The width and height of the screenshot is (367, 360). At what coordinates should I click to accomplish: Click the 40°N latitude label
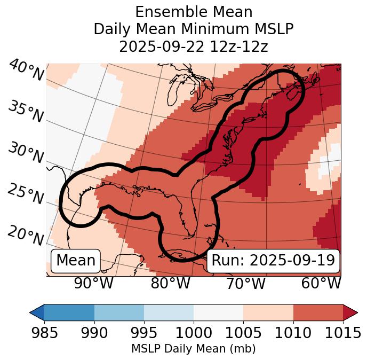click(x=26, y=71)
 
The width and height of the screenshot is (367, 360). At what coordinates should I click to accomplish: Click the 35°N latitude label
click(x=25, y=112)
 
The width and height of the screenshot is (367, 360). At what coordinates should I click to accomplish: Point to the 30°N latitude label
click(x=25, y=153)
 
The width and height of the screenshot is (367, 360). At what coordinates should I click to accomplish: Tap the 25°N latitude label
click(x=25, y=194)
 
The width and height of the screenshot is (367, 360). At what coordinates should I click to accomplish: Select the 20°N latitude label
click(x=25, y=235)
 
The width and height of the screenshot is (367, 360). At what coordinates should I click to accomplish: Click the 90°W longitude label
click(x=93, y=284)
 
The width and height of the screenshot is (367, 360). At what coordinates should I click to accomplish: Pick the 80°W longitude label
click(x=171, y=284)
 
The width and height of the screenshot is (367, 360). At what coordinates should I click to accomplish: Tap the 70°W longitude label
click(x=245, y=284)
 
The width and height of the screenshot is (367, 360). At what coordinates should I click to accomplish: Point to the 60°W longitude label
click(x=321, y=284)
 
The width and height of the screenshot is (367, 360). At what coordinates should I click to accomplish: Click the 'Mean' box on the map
click(x=76, y=261)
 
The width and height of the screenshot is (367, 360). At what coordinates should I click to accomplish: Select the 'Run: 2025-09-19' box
click(x=273, y=261)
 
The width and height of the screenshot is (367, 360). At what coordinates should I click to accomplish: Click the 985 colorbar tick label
click(x=45, y=333)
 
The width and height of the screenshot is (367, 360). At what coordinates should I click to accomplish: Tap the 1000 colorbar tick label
click(x=194, y=333)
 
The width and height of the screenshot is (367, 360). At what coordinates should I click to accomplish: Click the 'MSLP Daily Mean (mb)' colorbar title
click(x=193, y=349)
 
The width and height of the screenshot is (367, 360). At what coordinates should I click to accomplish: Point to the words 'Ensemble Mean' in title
click(x=194, y=12)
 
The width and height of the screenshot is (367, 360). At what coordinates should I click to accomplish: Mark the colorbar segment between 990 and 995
click(x=119, y=312)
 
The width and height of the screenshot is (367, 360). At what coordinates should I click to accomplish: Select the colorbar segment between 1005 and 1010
click(x=268, y=312)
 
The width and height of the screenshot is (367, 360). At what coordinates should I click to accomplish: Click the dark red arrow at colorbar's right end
click(x=350, y=312)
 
